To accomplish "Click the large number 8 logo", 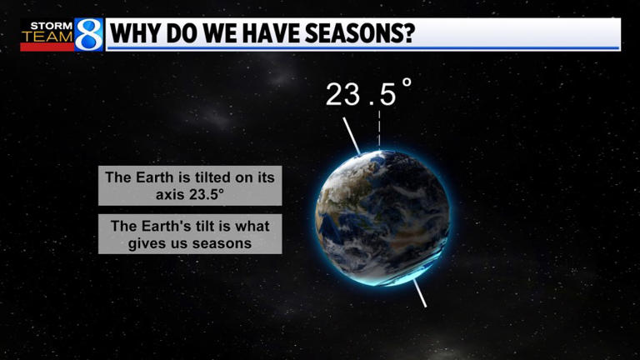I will tap(87, 35).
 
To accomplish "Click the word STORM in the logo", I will tap(48, 26).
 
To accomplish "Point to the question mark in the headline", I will tap(408, 35).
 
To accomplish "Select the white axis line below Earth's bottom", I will tap(419, 292).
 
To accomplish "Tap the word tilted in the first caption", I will tap(202, 177).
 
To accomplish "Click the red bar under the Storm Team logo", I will tap(47, 47).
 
